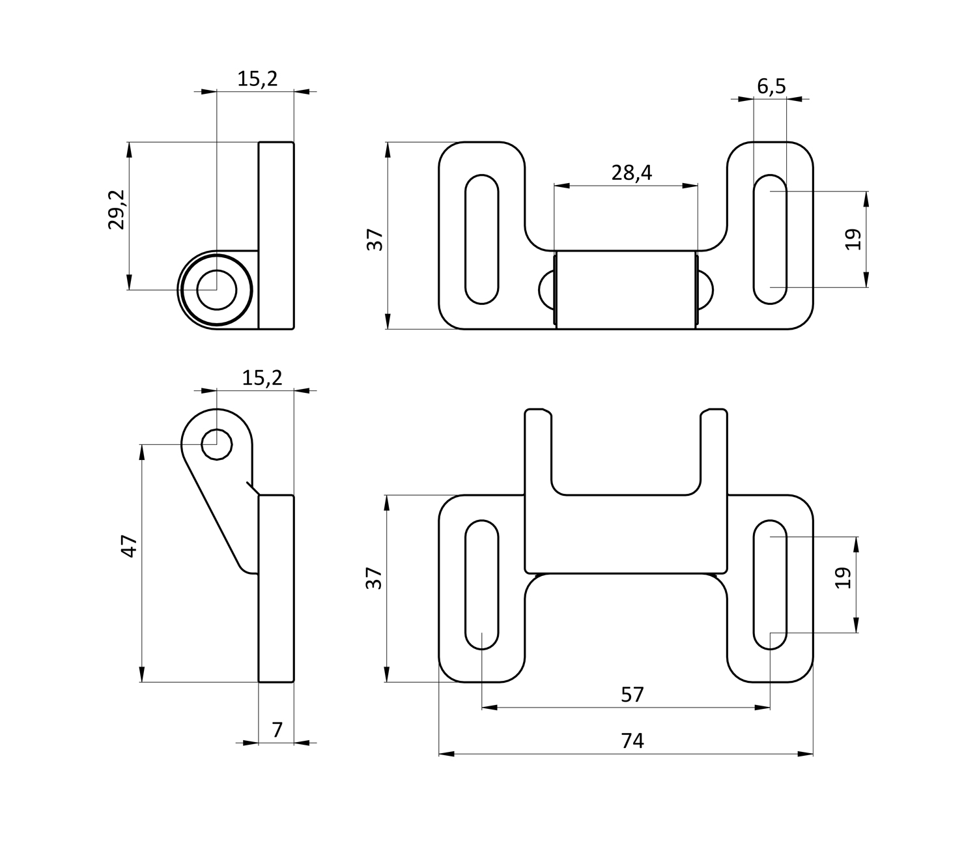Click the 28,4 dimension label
[x=631, y=173]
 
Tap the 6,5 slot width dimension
[x=771, y=86]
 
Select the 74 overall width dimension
[x=632, y=741]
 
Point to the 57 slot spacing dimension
[x=632, y=695]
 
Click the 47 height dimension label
[x=130, y=545]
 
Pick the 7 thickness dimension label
[x=277, y=730]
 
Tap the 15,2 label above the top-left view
[x=257, y=79]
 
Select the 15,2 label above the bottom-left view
[x=262, y=378]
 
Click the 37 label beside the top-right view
[x=376, y=240]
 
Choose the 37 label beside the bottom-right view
[x=374, y=578]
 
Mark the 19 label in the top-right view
[x=854, y=239]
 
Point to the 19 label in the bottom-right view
[x=844, y=578]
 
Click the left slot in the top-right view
[x=482, y=239]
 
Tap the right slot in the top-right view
[x=770, y=239]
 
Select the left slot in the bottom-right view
[x=482, y=584]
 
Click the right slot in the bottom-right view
[x=770, y=584]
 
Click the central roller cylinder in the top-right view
[x=625, y=289]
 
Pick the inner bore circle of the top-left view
[x=216, y=289]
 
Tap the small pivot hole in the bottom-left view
[x=217, y=444]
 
